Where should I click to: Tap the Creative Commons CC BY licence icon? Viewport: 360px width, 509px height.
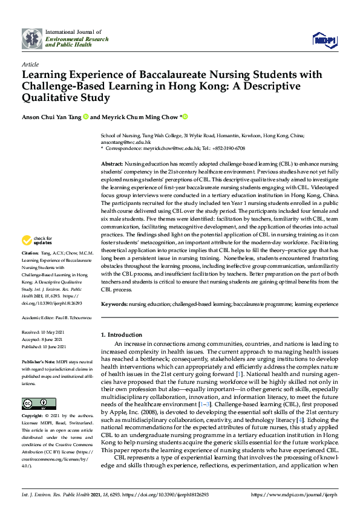tap(34, 403)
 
